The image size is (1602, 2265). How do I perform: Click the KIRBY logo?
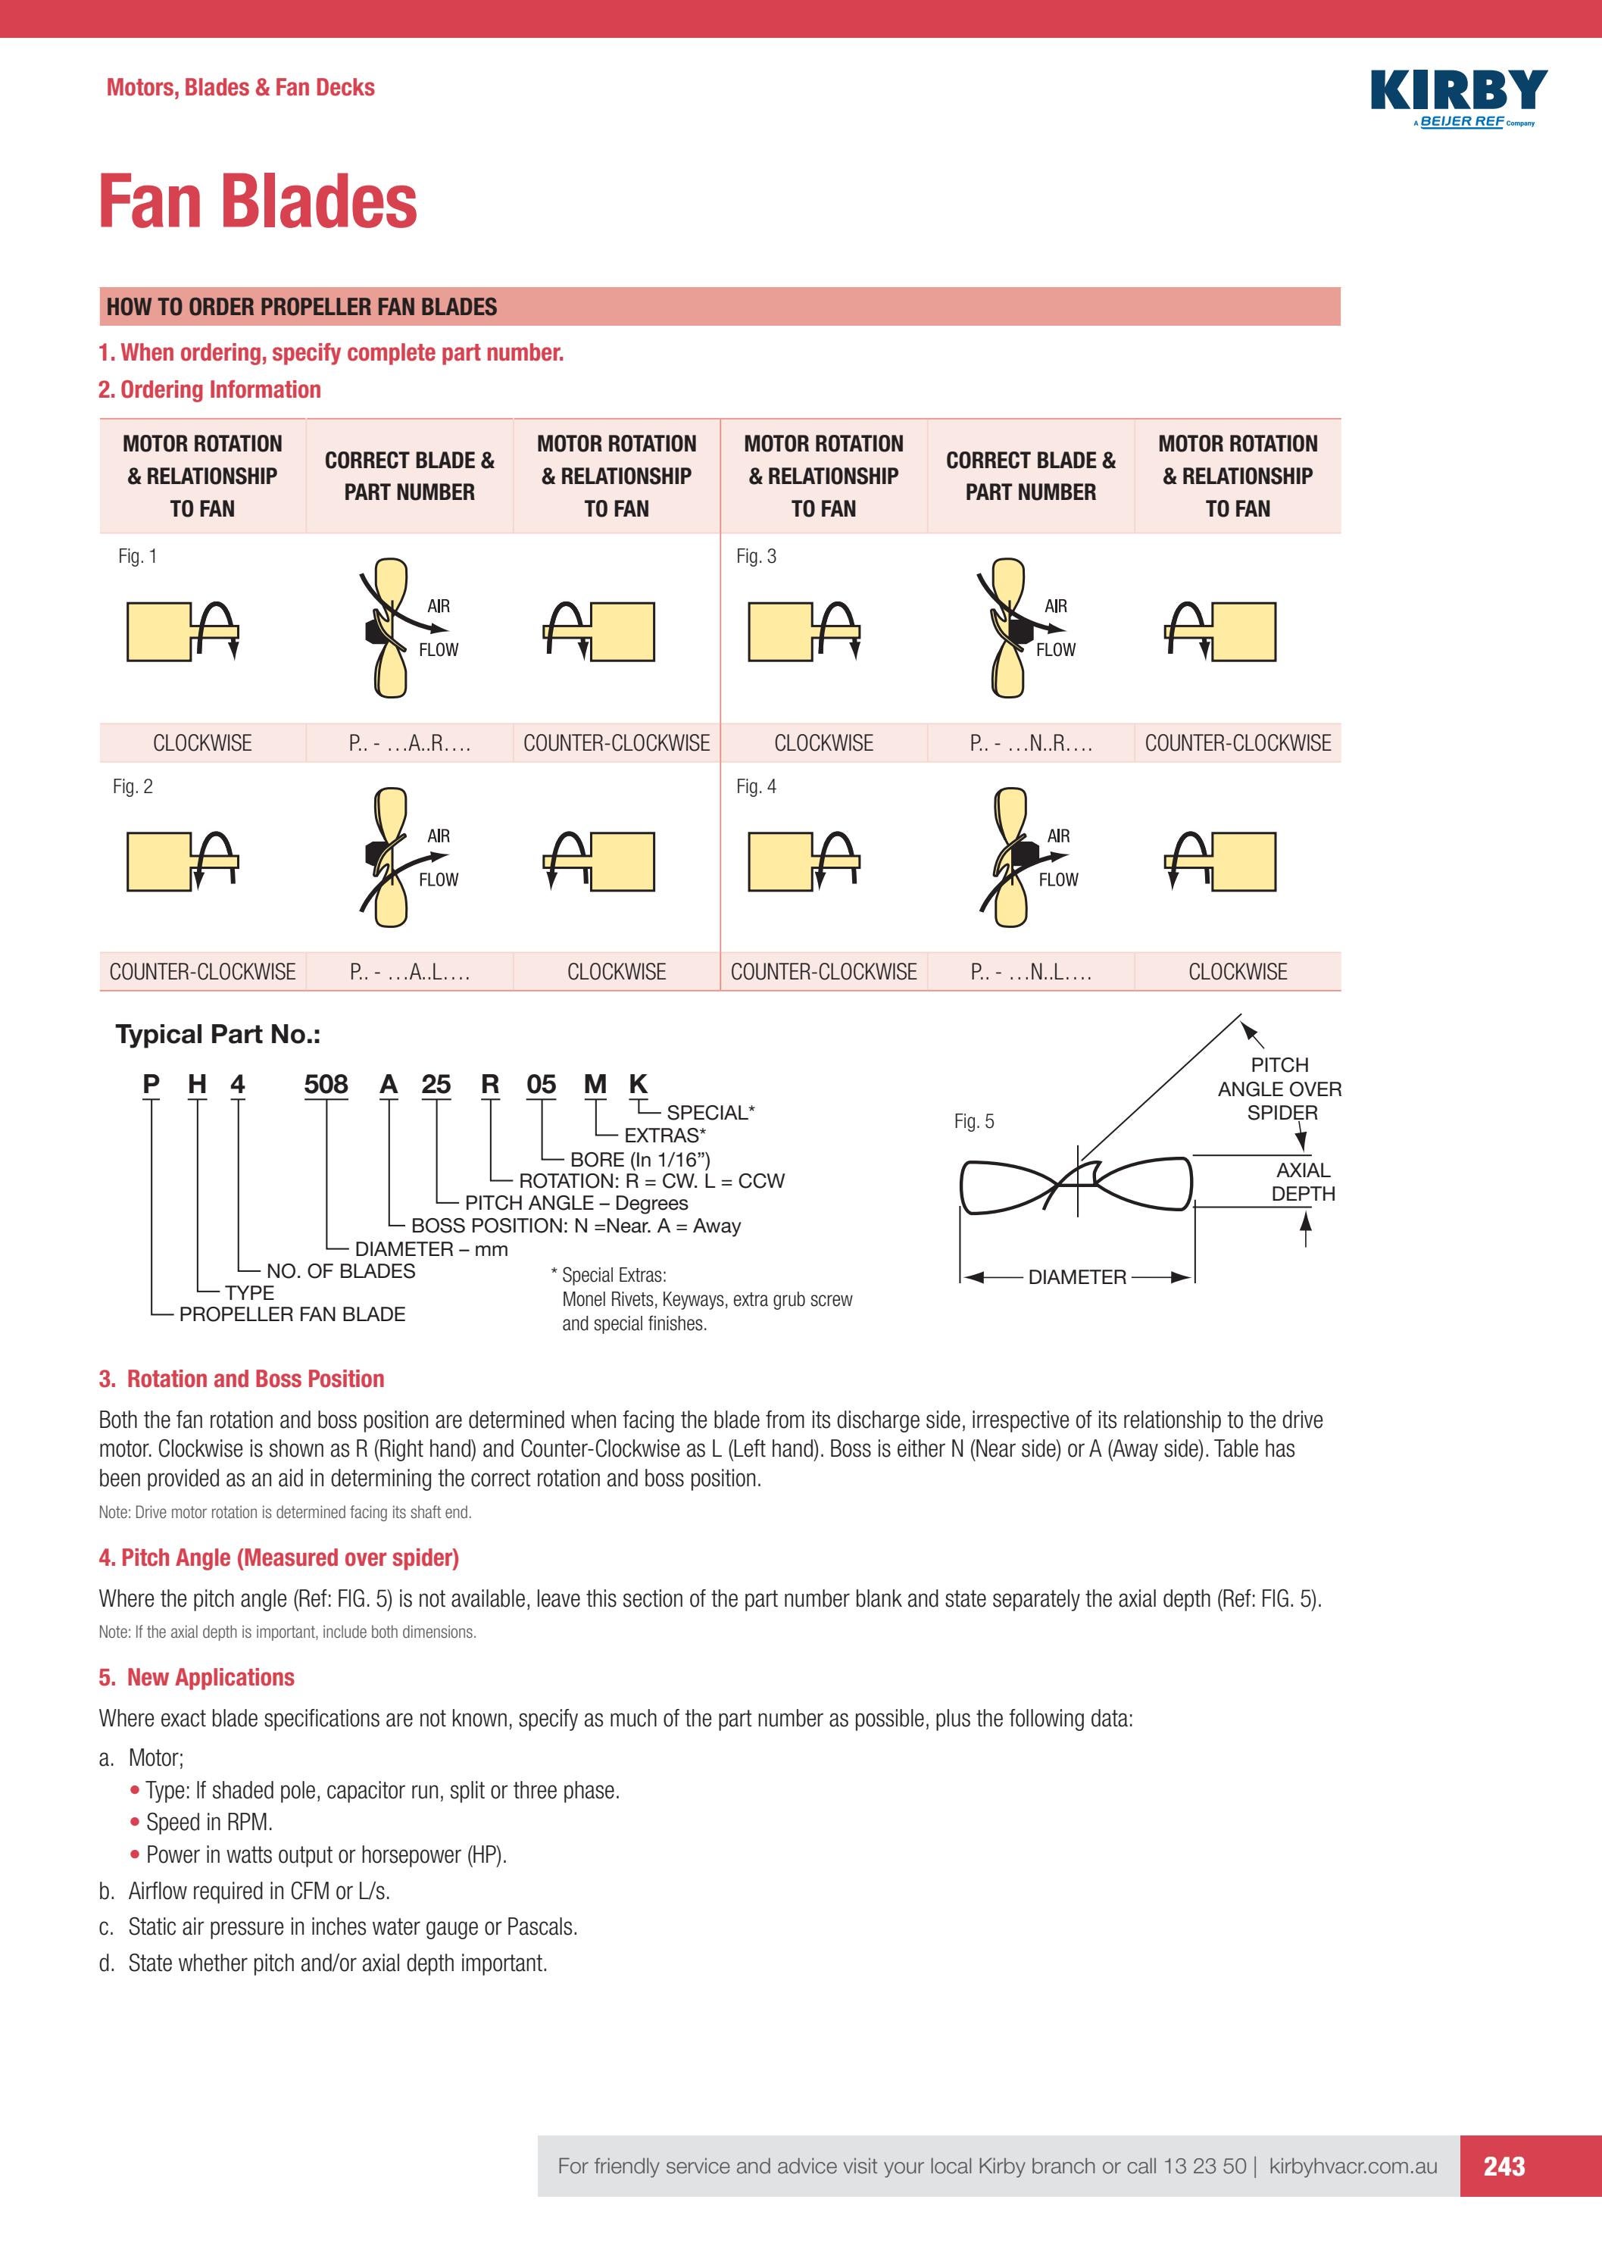click(x=1458, y=92)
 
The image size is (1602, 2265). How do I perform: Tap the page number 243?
click(x=1504, y=2165)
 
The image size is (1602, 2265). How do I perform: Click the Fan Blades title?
click(x=258, y=202)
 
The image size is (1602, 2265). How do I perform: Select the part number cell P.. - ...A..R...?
click(x=409, y=743)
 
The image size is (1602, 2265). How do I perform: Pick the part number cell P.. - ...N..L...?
click(x=1031, y=972)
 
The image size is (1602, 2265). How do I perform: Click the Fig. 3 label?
click(x=756, y=556)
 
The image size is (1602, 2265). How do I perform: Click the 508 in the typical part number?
click(x=326, y=1084)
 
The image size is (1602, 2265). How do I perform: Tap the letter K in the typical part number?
click(x=639, y=1084)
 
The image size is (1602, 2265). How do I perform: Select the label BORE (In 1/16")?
click(x=639, y=1159)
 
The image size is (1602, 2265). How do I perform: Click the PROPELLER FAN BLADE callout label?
click(x=292, y=1314)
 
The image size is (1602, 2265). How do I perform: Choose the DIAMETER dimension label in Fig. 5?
click(x=1076, y=1276)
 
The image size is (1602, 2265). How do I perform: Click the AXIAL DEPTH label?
click(x=1303, y=1182)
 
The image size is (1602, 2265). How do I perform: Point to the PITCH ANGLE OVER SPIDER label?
click(x=1279, y=1088)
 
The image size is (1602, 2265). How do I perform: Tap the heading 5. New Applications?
click(x=196, y=1677)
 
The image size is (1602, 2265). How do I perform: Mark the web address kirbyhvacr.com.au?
click(x=1353, y=2165)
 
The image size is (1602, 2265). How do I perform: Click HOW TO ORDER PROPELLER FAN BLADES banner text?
click(x=302, y=307)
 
